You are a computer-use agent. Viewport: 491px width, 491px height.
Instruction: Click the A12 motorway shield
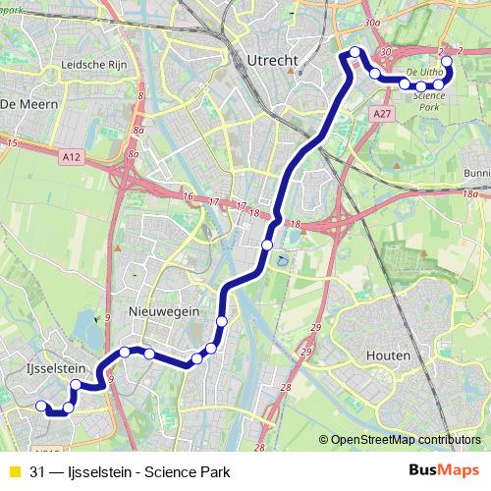70,154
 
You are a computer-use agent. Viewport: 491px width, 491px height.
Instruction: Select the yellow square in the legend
13,471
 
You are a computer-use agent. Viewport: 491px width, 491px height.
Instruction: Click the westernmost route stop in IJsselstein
41,406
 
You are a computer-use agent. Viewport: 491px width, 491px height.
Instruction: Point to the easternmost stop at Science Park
447,62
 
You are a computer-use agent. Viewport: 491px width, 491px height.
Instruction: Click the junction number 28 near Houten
286,388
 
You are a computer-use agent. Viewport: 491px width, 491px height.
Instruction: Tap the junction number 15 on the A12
12,143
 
